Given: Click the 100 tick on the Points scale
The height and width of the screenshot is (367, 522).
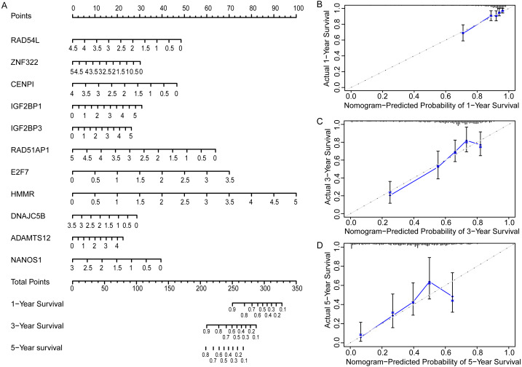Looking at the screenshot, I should pyautogui.click(x=295, y=7).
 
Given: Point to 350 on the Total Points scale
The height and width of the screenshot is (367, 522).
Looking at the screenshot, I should pyautogui.click(x=296, y=288).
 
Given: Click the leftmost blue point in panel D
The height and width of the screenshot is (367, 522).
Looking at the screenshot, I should pyautogui.click(x=361, y=335).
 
